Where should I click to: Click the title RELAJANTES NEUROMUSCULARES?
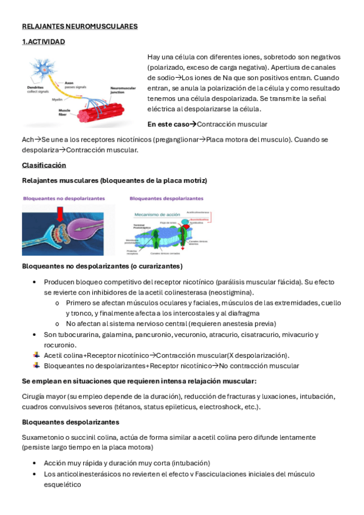[80, 27]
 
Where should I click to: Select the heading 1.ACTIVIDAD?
[43, 42]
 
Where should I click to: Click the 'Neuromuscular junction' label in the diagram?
[122, 90]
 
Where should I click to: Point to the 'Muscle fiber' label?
[64, 112]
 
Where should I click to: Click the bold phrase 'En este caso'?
[168, 124]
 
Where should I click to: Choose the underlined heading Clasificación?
[44, 165]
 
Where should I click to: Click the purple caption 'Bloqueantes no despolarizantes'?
[64, 199]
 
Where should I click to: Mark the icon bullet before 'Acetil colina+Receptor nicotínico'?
[37, 355]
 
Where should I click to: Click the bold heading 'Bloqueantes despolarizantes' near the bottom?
[70, 422]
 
